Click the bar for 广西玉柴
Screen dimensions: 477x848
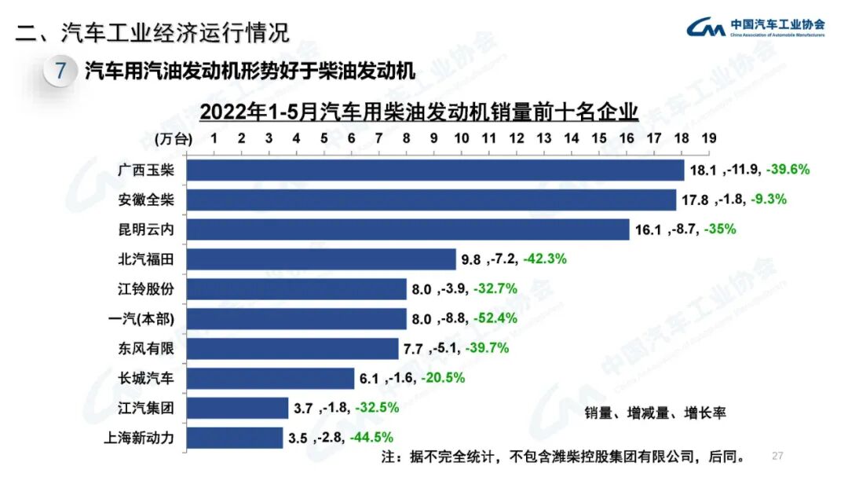[x=436, y=171]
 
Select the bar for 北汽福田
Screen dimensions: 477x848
[x=322, y=259]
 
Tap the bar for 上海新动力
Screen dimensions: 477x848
[x=235, y=438]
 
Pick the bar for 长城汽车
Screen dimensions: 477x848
[x=270, y=378]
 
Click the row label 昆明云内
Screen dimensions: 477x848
[x=141, y=229]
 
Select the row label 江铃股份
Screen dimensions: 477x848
[x=141, y=289]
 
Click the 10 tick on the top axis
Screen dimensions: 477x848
[x=461, y=138]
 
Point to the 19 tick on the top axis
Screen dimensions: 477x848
[x=708, y=138]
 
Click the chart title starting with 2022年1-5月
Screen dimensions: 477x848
[x=419, y=112]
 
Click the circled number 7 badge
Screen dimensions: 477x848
[x=60, y=72]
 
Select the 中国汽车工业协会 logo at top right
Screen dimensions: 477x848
[x=755, y=28]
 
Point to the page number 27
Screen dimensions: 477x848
[x=778, y=457]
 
